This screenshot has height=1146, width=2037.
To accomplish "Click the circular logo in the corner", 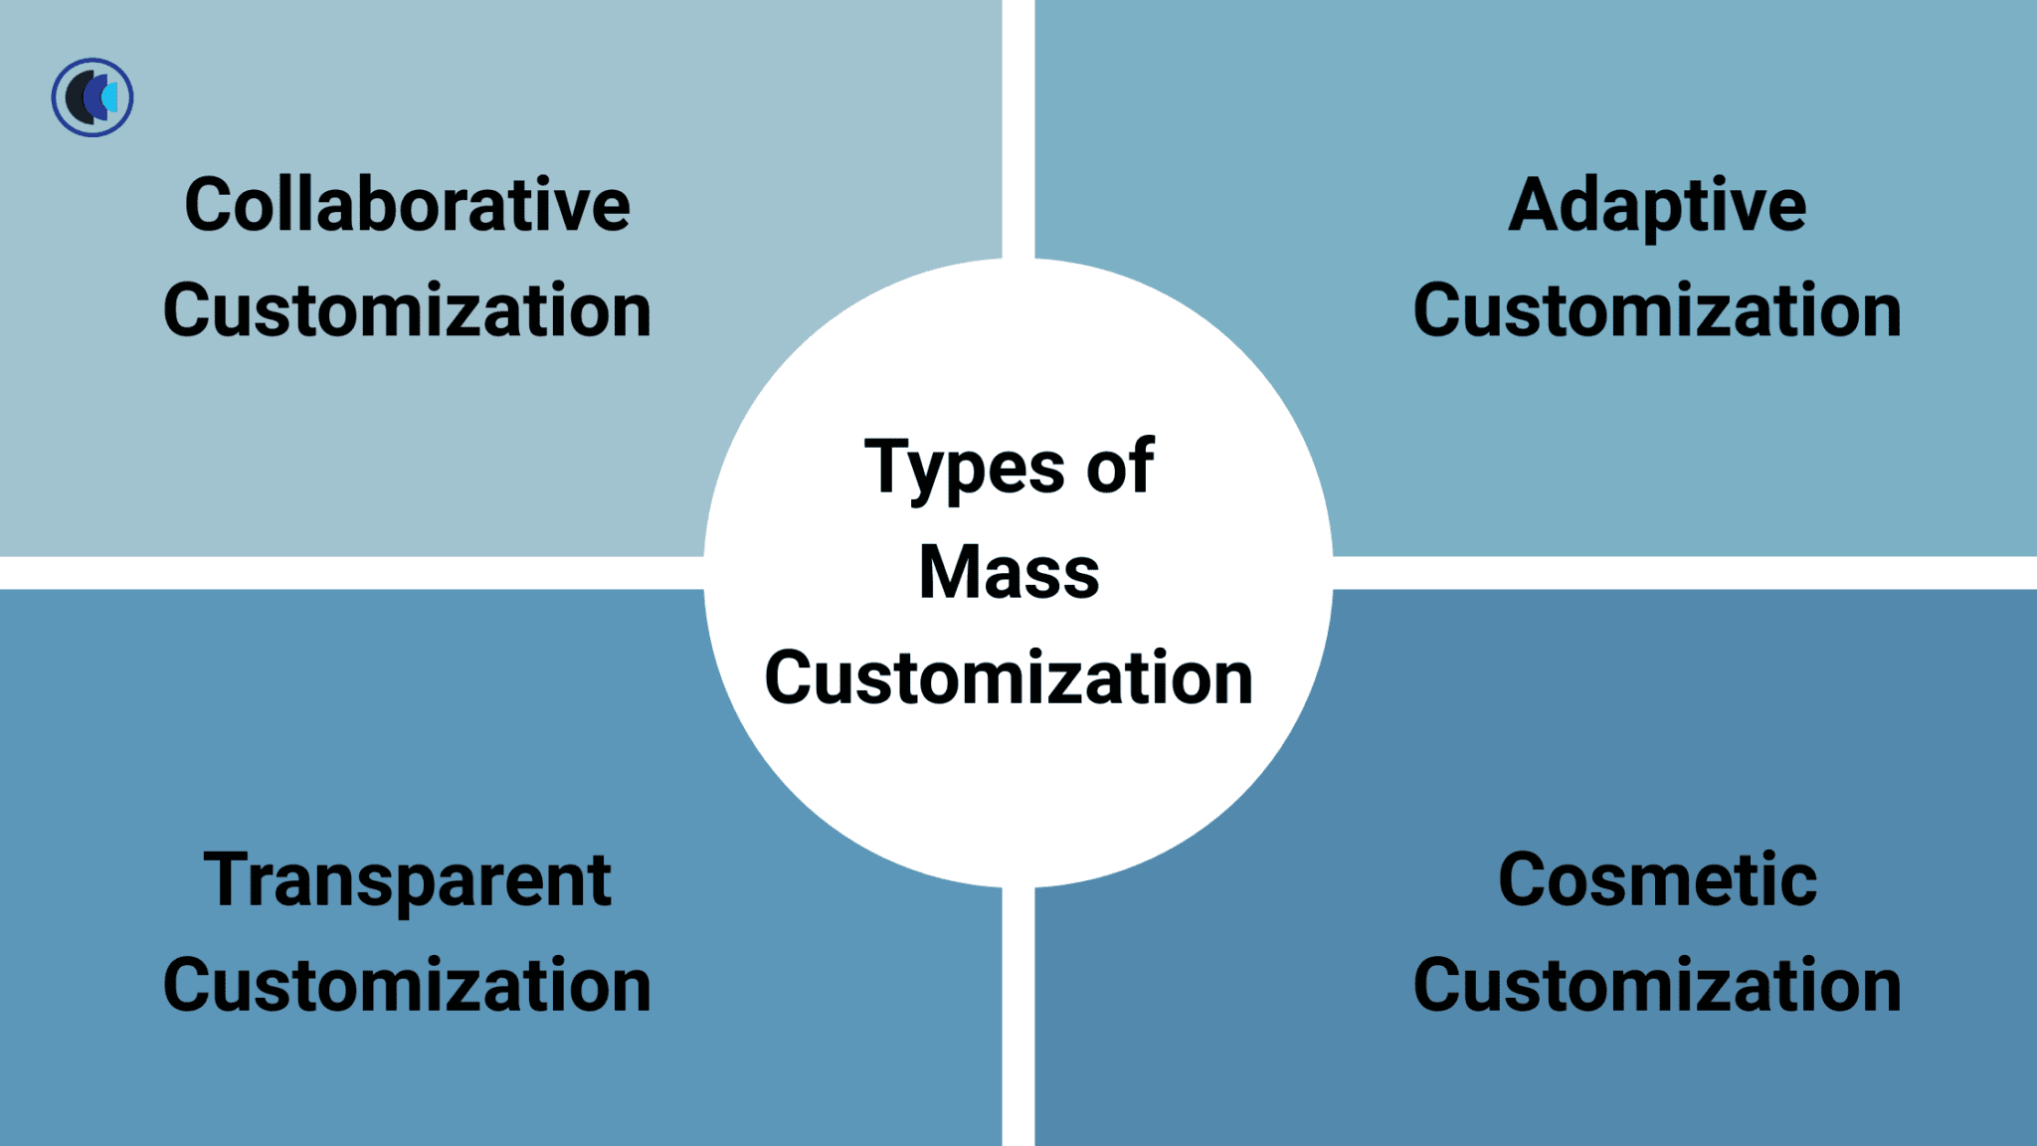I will coord(93,97).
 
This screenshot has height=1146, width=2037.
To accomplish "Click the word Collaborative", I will coord(407,206).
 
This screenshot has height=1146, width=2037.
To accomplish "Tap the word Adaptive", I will coord(1657,206).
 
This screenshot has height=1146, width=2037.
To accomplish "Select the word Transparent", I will coord(407,880).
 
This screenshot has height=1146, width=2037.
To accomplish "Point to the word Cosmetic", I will coord(1657,880).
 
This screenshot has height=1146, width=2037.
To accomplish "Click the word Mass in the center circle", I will coord(1009,573).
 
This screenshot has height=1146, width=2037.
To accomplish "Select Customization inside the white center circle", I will coord(1009,678).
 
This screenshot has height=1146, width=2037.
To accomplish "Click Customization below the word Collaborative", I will coord(407,311).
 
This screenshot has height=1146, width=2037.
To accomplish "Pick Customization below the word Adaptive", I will coord(1657,311).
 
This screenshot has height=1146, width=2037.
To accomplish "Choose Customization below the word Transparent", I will coord(407,986).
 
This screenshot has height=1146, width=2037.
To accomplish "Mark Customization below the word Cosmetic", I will coord(1657,986).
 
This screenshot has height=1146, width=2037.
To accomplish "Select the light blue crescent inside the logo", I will coord(110,97).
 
